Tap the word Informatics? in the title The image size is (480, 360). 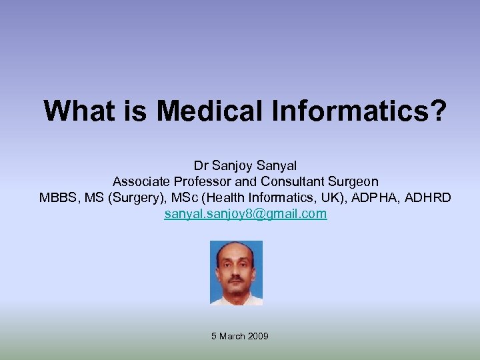click(359, 111)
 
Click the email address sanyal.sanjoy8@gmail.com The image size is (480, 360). click(246, 214)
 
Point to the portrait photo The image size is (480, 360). click(236, 273)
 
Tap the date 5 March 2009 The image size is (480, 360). click(240, 336)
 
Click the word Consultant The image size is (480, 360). click(289, 181)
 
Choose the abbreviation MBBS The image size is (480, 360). click(58, 198)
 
